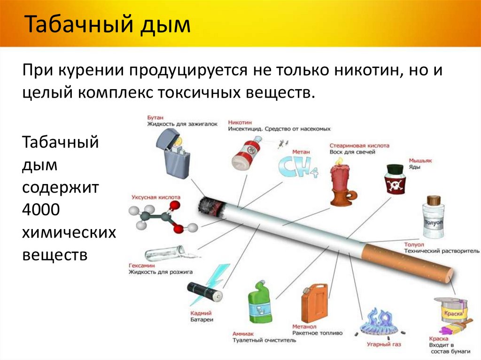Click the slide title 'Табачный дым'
tap(108, 25)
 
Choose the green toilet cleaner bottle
tap(260, 305)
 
